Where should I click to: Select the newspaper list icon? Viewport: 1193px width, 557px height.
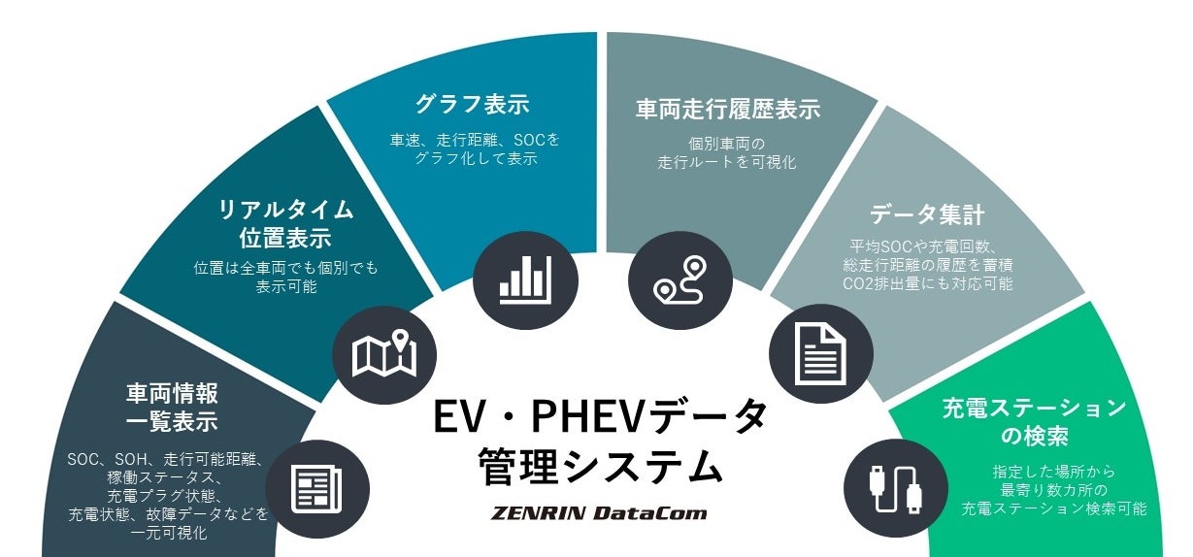[317, 489]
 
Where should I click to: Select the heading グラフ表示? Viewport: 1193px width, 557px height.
[473, 104]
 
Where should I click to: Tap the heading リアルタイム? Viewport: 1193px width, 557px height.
[285, 209]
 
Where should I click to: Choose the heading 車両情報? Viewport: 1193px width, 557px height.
[172, 393]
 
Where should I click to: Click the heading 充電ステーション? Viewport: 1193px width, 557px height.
[1034, 408]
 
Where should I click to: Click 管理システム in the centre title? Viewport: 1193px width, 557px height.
[600, 467]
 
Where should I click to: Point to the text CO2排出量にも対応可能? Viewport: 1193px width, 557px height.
[927, 284]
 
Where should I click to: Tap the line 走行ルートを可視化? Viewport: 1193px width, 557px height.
[727, 162]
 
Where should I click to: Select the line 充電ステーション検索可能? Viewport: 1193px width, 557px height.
[1053, 508]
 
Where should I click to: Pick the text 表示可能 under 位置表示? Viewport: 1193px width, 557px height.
[285, 287]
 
